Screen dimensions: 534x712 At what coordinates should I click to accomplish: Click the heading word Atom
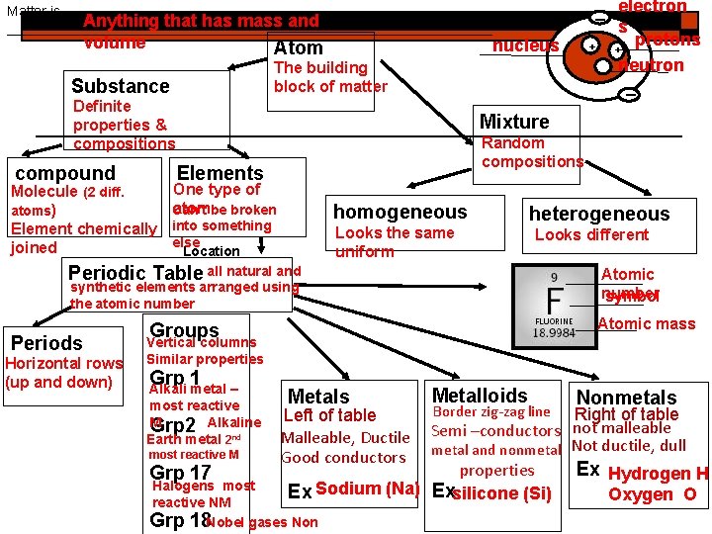(299, 47)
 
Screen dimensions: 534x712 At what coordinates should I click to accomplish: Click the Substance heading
(120, 86)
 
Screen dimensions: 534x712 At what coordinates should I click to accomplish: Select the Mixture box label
(514, 122)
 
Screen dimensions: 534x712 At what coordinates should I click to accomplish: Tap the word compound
(65, 173)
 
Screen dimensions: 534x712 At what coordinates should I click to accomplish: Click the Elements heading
(220, 173)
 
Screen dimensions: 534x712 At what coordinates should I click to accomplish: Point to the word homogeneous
(400, 212)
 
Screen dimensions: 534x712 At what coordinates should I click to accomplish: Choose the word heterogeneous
(598, 214)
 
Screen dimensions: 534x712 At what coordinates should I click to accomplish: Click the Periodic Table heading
(135, 273)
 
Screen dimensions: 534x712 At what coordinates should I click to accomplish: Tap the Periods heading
(46, 343)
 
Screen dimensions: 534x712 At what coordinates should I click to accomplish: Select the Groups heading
(183, 330)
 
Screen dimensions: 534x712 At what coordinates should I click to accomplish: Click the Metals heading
(318, 397)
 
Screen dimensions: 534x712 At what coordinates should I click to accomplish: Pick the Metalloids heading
(481, 395)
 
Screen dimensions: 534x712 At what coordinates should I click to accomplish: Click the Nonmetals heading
(626, 398)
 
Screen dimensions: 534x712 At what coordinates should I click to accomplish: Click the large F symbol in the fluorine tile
(555, 298)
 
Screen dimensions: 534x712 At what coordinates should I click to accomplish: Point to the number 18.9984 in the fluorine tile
(555, 333)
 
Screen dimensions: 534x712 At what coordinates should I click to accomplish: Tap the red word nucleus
(525, 45)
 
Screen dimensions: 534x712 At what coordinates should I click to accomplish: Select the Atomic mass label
(647, 322)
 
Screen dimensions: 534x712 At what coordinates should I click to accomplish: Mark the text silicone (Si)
(503, 492)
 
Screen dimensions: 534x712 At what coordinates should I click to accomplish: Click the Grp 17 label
(180, 473)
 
